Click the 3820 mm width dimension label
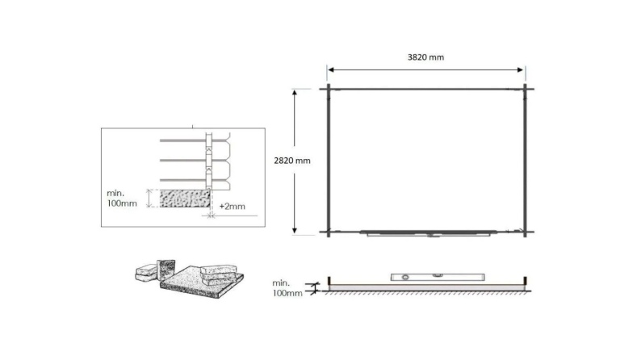[x=425, y=57]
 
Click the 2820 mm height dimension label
[x=292, y=161]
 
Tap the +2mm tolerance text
[x=232, y=207]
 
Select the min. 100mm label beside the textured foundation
[x=121, y=199]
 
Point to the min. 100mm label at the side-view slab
[x=287, y=287]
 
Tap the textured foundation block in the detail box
[x=184, y=199]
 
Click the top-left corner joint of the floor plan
[x=329, y=88]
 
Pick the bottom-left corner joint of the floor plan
[x=329, y=232]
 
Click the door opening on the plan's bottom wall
[x=428, y=234]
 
